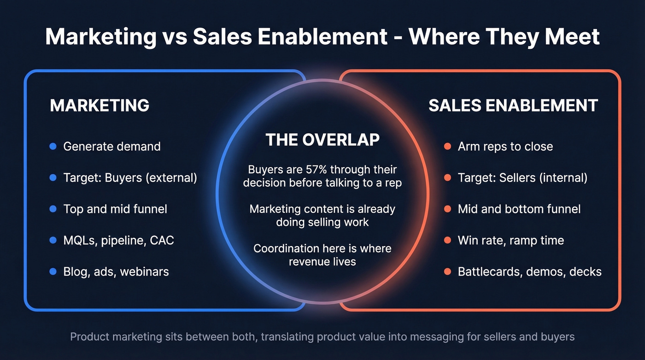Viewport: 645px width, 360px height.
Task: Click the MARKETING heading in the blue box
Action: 100,106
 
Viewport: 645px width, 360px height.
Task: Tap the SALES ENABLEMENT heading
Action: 513,106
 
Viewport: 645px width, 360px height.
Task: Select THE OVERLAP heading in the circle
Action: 322,140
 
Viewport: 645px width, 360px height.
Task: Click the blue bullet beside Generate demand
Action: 53,147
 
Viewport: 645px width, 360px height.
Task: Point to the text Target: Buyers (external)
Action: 130,178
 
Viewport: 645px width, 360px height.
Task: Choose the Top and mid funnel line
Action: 115,209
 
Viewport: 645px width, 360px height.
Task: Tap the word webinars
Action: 144,271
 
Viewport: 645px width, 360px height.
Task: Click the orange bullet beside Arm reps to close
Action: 447,147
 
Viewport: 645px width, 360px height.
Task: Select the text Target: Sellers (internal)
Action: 522,178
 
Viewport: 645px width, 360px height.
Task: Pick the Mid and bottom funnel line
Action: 519,209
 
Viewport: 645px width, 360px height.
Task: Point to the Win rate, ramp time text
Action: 510,240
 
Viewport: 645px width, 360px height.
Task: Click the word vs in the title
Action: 175,37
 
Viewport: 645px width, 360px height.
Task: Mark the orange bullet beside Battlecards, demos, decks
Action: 447,271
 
